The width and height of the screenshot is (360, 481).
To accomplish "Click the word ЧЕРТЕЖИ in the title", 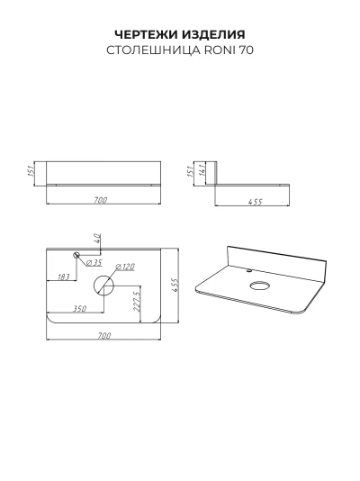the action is coord(146,34).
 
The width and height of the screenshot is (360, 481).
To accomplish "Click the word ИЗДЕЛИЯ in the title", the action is coord(213,34).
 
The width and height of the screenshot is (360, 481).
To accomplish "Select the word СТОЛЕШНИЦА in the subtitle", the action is coord(154,50).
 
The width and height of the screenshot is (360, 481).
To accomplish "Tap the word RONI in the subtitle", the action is coord(220,50).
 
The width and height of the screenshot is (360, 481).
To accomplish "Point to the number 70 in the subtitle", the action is coord(247,50).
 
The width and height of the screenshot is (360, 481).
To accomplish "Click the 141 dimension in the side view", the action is coord(202,169).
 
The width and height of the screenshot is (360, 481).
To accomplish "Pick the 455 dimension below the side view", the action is coord(256,202).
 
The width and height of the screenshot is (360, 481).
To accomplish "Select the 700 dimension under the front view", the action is coord(101,200).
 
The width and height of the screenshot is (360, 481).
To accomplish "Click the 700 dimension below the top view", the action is coord(104,336).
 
